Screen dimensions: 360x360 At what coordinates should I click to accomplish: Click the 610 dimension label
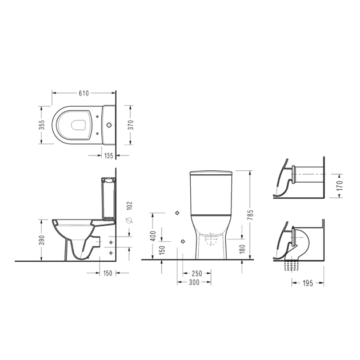[x=83, y=94]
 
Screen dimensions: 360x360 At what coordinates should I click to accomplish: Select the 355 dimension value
[x=42, y=125]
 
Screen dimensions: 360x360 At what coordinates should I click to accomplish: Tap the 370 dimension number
[x=130, y=125]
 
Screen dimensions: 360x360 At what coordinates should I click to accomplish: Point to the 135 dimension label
[x=109, y=156]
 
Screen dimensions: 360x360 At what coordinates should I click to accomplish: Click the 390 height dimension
[x=42, y=240]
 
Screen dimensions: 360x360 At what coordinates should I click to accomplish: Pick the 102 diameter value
[x=130, y=206]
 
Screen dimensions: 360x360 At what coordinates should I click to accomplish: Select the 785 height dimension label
[x=250, y=215]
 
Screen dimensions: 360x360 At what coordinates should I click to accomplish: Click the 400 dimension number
[x=153, y=236]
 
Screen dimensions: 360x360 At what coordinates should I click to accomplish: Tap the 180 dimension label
[x=242, y=249]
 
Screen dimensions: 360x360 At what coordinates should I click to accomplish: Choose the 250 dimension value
[x=197, y=274]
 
